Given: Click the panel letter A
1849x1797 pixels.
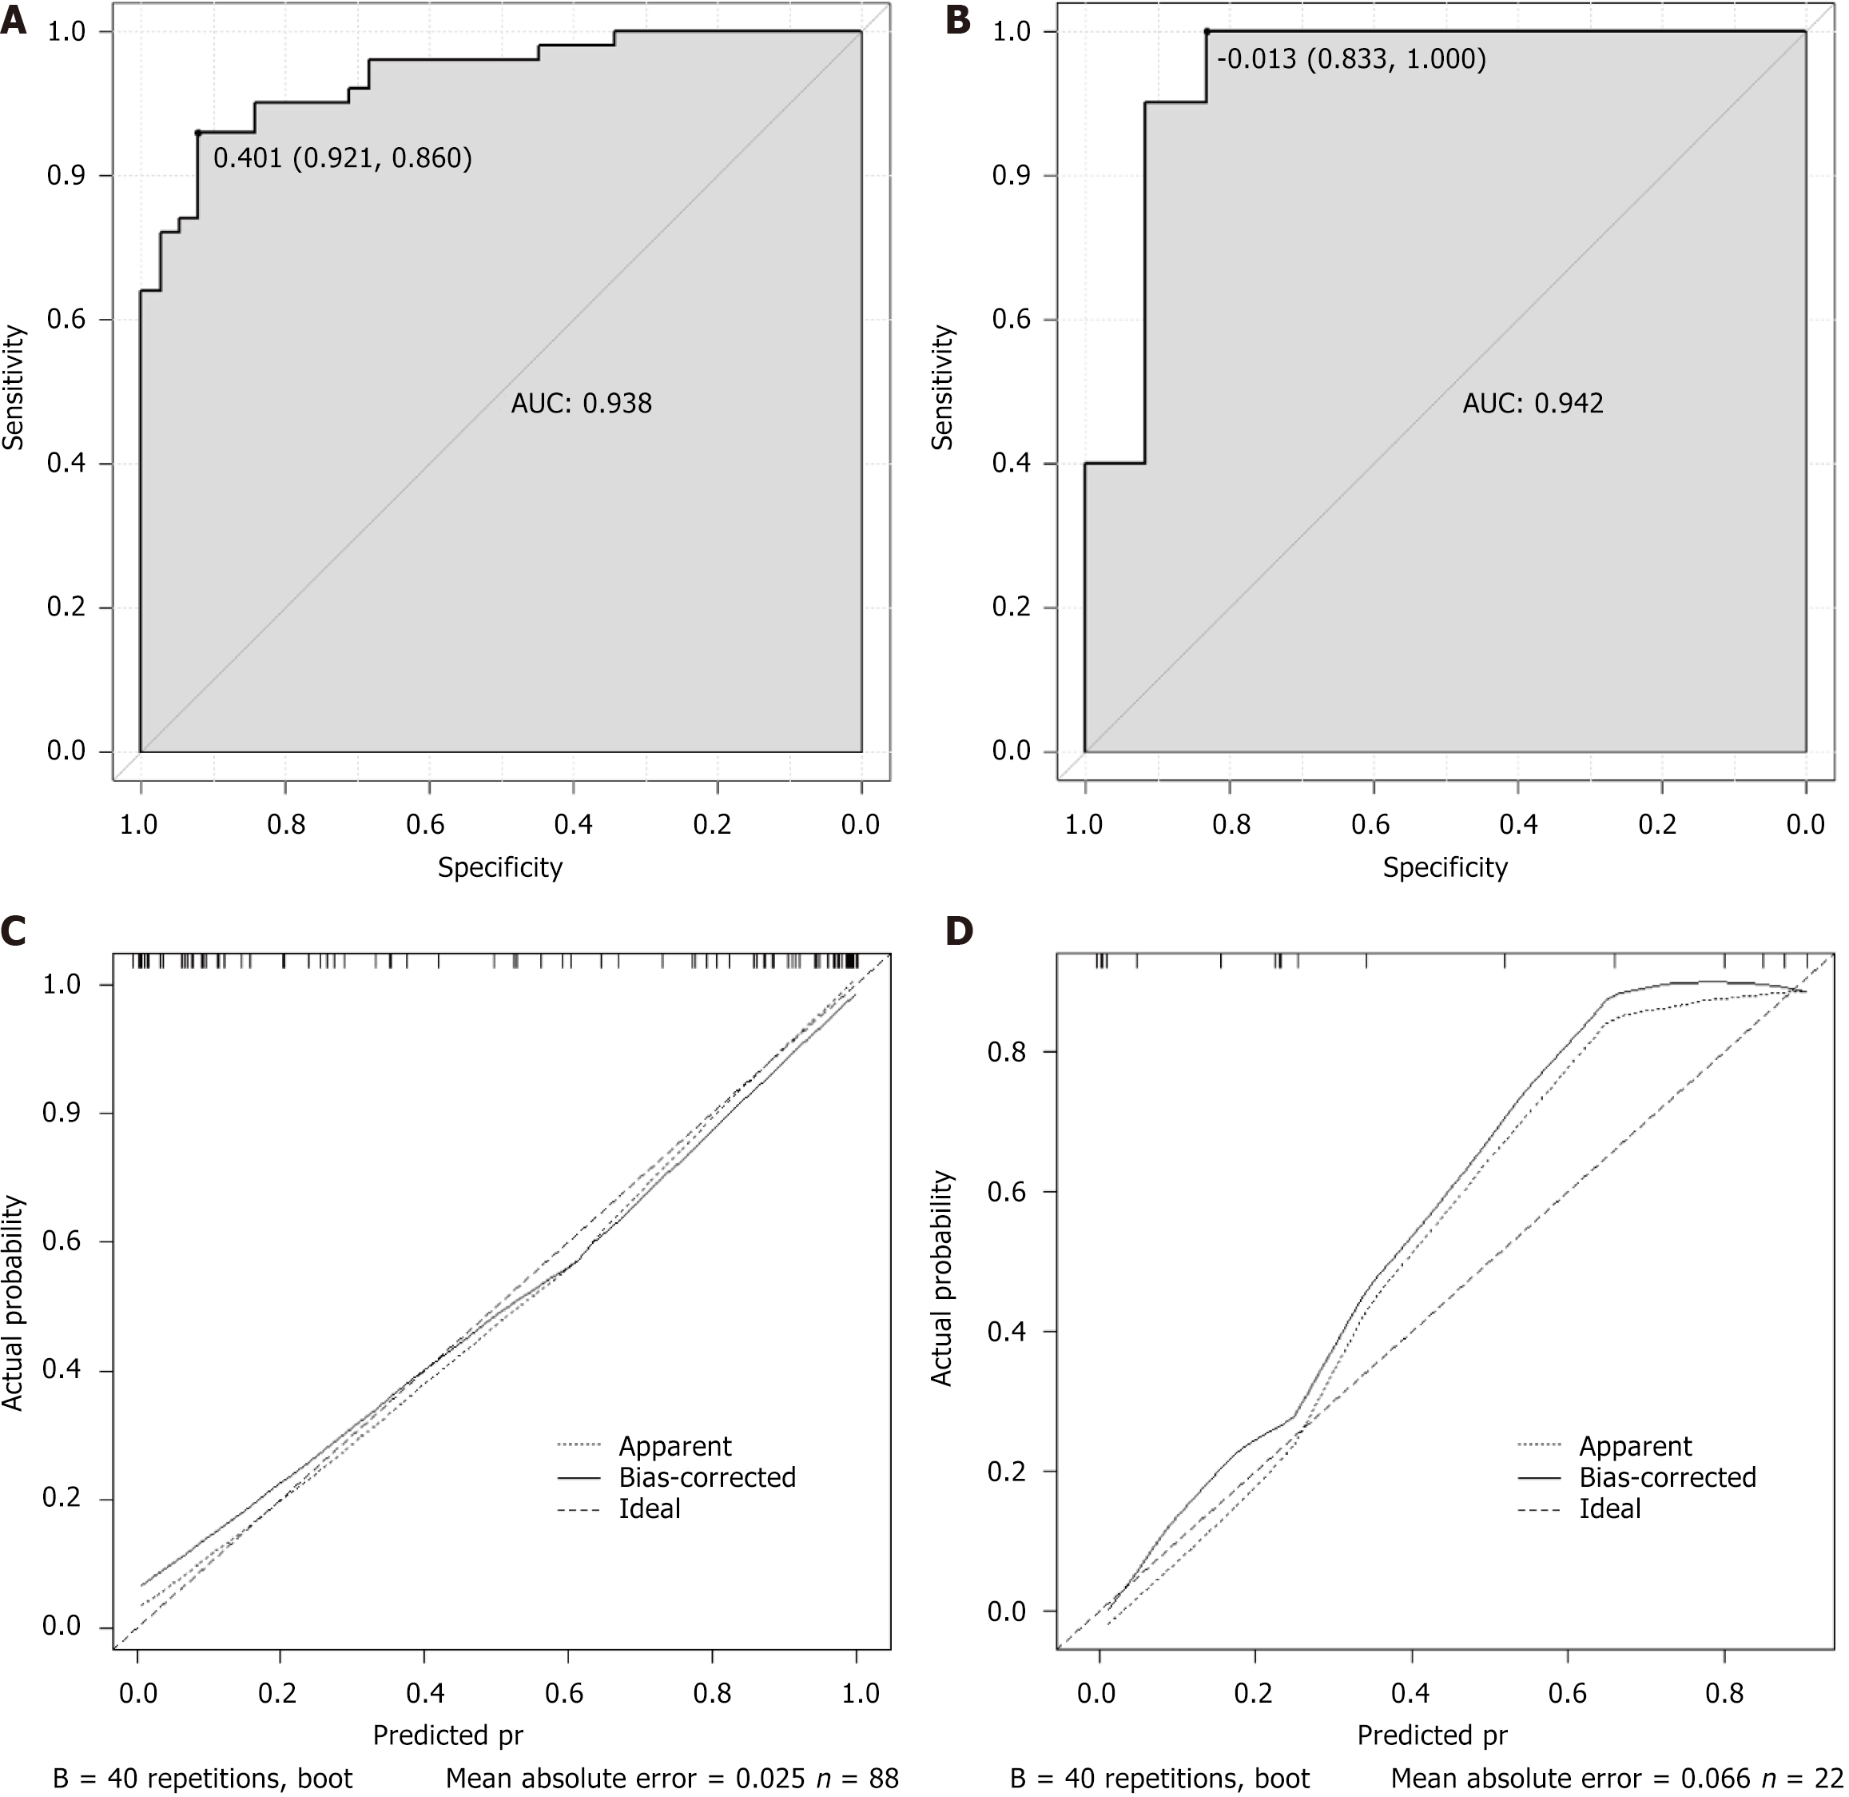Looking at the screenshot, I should (x=14, y=21).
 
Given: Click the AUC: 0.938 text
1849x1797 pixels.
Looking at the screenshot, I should (x=581, y=404).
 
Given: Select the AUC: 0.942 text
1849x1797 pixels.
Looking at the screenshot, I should (x=1533, y=404).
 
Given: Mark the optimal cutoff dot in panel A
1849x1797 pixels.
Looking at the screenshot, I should (x=198, y=133).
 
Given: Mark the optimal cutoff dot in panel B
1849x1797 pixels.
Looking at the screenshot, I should (x=1207, y=32).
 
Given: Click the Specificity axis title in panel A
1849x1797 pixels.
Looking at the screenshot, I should (x=500, y=867).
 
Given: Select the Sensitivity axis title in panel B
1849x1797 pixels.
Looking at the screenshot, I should (x=942, y=388).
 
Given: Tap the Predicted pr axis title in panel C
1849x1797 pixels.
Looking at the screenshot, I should (x=448, y=1735).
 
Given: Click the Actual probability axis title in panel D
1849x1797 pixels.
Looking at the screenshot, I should (x=941, y=1278).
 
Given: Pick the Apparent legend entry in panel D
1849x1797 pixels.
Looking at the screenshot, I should (x=1635, y=1446).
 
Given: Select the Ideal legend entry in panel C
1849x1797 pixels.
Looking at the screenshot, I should (x=649, y=1508).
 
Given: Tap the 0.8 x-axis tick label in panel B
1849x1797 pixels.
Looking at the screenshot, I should (x=1232, y=825).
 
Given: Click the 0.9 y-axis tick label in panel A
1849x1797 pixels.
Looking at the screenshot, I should (x=67, y=177).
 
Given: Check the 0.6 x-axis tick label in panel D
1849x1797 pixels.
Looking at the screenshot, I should (x=1567, y=1692).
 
